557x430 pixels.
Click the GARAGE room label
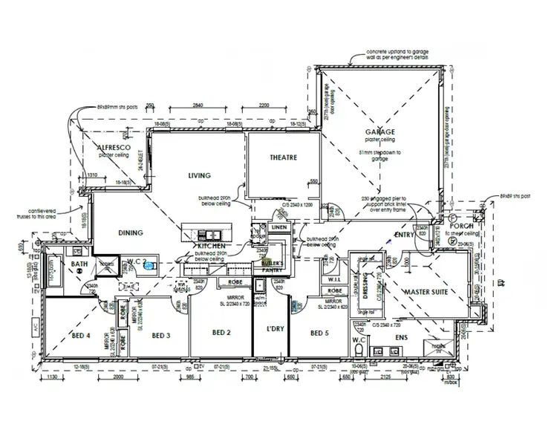380,131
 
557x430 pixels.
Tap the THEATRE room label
283,157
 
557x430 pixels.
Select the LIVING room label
199,176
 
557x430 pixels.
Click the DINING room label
130,232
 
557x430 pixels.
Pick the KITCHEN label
210,245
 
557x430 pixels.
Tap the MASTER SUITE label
425,293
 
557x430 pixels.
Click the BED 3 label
161,336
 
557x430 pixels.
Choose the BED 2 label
221,333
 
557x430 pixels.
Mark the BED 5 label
319,333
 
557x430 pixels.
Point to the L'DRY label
266,328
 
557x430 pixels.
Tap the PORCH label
461,226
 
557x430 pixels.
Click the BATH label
79,264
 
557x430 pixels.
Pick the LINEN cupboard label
278,227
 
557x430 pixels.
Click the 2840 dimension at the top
198,105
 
